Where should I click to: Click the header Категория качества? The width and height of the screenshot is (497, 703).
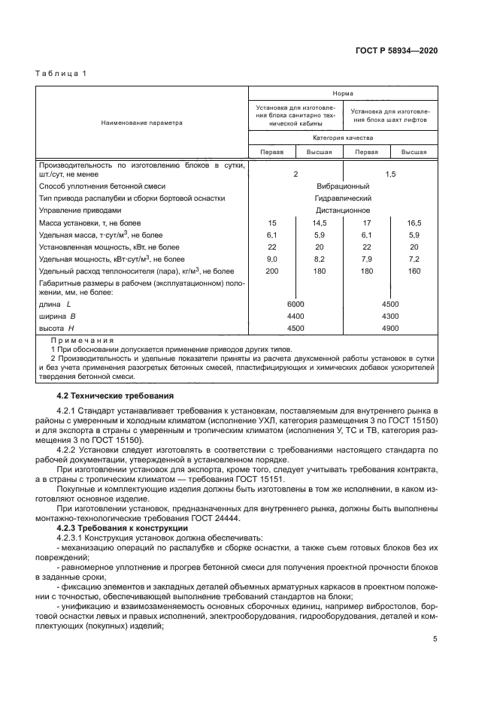tap(342, 138)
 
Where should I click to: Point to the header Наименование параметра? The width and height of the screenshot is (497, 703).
tap(143, 123)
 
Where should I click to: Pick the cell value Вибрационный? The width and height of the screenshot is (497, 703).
tap(342, 186)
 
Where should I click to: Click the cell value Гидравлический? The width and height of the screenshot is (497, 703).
tap(342, 198)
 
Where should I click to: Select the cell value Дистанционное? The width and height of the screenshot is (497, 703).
tap(342, 211)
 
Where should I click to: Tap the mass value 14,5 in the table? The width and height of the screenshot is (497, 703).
tap(319, 223)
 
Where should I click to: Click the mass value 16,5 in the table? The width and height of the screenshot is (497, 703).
tap(413, 223)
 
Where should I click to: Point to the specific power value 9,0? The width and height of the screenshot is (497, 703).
tap(272, 259)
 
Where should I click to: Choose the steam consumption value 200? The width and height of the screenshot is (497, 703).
tap(272, 271)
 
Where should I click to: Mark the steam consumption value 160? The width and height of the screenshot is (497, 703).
tap(413, 271)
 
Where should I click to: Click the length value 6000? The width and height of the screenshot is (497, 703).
tap(295, 304)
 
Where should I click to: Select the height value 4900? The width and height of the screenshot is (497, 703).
tap(389, 329)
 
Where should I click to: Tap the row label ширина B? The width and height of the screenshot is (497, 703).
tap(57, 317)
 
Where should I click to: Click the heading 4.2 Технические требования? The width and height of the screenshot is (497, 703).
tap(116, 395)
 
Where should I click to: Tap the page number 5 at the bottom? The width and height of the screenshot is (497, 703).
tap(435, 638)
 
